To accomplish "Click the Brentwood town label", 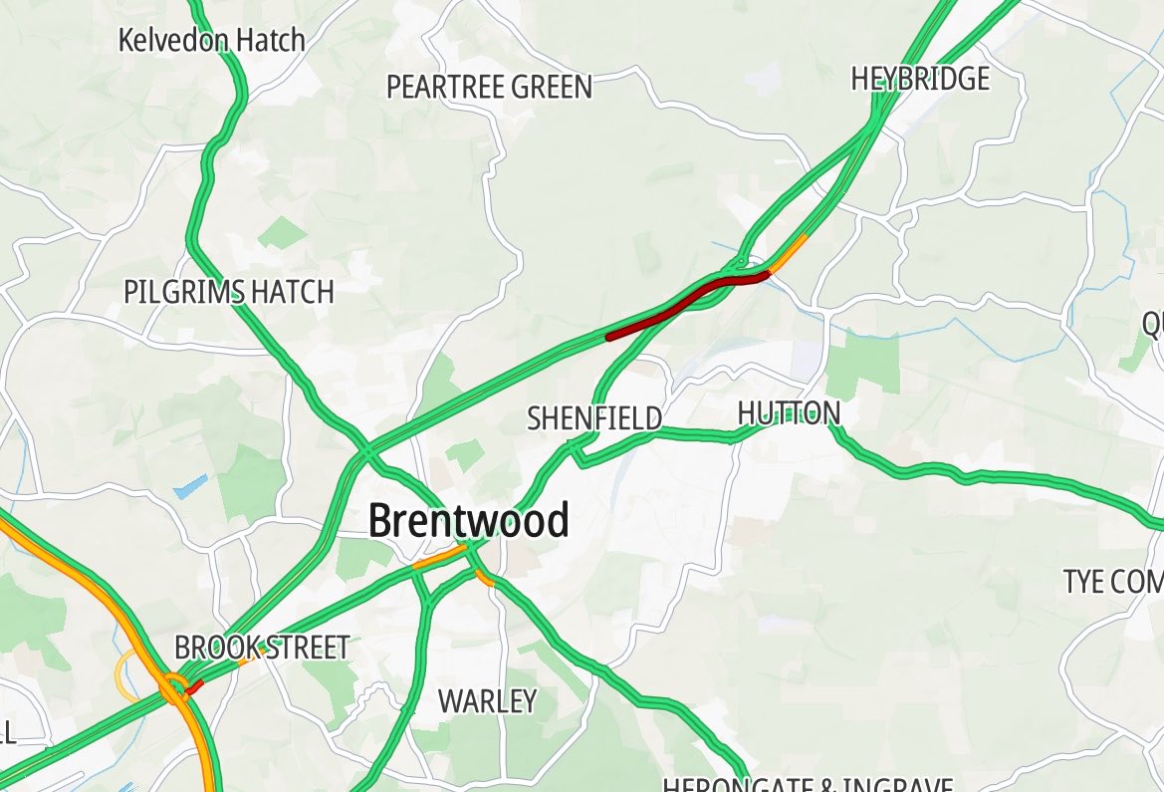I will coord(468,521).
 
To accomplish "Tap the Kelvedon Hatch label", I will coord(211,41).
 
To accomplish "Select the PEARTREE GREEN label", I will coord(489,88).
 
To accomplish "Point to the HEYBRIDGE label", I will coord(920,79).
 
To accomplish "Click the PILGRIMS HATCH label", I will coord(228,292).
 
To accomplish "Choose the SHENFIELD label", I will coord(594,418).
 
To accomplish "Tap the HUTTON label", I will coord(789,412).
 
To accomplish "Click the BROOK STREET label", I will coord(262,648).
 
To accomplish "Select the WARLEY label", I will coord(488,701).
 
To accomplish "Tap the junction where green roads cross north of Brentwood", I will coord(369,452).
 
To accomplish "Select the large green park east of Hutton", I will coord(862,364).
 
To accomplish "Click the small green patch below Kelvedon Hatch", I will coord(285,234).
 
